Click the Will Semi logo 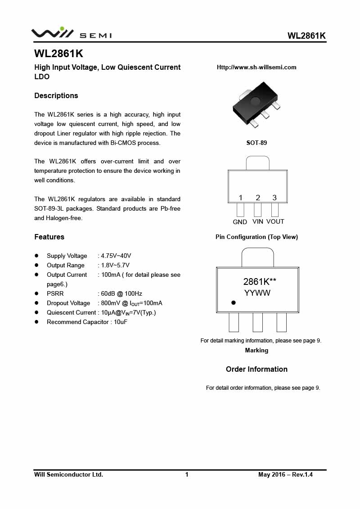(x=71, y=33)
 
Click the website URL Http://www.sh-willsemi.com (x=256, y=68)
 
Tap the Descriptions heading (x=56, y=95)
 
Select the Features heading (x=49, y=237)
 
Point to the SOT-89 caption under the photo (x=256, y=143)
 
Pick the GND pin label (x=240, y=222)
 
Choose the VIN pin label (x=258, y=221)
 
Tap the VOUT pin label (x=275, y=221)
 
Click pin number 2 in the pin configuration (x=258, y=198)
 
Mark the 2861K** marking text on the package (x=260, y=282)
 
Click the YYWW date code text (x=257, y=293)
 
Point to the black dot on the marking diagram (x=234, y=303)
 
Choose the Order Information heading (x=256, y=369)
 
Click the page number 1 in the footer (x=187, y=474)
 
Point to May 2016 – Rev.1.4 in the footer (x=285, y=474)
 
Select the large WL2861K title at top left (x=58, y=54)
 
